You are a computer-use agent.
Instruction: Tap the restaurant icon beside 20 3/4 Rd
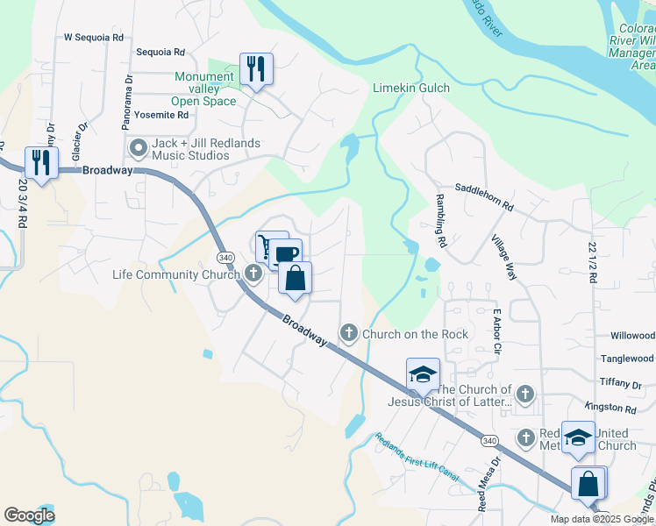tap(41, 161)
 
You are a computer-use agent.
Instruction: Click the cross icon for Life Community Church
tap(253, 274)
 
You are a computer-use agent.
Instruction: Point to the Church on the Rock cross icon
tap(349, 333)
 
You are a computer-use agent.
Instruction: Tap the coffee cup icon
tap(285, 254)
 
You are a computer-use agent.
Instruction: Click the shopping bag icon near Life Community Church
tap(296, 278)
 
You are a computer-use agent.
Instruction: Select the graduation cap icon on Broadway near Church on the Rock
tap(423, 374)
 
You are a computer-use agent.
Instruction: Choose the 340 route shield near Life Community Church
tap(225, 257)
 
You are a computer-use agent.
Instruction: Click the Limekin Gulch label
tap(410, 88)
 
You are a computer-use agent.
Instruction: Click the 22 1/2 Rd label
tap(593, 262)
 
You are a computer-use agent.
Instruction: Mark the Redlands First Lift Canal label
tap(417, 457)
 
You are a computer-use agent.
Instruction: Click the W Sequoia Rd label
tap(94, 38)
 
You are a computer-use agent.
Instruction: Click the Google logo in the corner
tap(29, 515)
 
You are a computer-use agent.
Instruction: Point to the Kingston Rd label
tap(617, 409)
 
